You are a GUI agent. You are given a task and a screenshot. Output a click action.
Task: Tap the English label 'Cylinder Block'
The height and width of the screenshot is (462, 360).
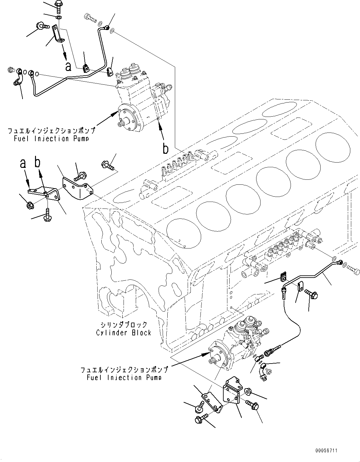124,333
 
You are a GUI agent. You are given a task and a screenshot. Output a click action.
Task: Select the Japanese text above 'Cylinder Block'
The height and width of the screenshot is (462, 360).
124,325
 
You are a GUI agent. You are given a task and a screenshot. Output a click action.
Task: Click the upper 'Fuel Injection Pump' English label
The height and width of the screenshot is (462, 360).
51,138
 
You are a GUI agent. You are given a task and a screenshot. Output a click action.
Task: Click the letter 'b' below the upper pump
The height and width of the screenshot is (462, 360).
165,149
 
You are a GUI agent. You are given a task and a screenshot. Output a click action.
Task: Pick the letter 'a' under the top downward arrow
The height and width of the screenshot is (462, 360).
68,66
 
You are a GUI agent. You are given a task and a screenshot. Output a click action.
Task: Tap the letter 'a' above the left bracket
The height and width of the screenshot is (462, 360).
23,163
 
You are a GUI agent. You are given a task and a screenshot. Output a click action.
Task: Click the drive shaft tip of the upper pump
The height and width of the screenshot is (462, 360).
120,124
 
